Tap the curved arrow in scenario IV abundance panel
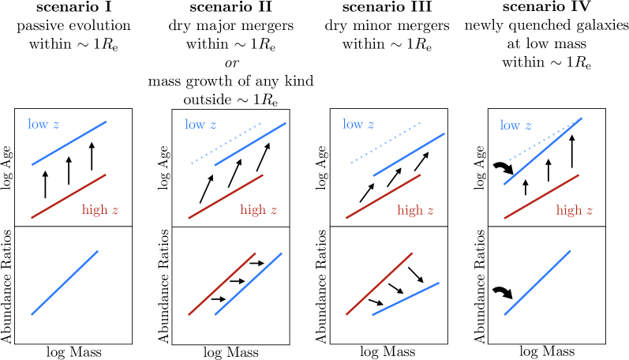(x=501, y=293)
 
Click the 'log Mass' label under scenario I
(x=69, y=351)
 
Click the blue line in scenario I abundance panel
(x=65, y=282)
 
